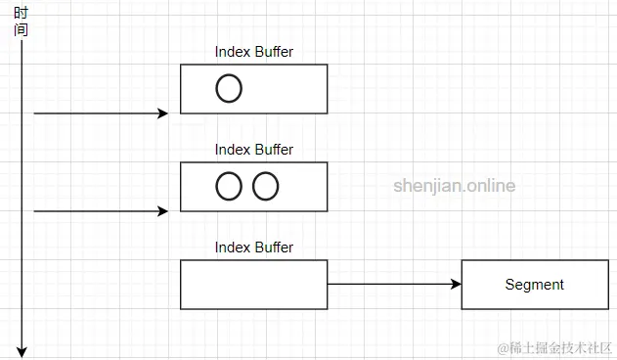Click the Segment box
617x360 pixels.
click(x=534, y=285)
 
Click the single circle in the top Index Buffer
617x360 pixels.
click(x=228, y=89)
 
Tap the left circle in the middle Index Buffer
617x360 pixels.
click(x=228, y=186)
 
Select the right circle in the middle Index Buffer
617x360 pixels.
click(x=265, y=186)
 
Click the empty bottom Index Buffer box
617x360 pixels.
click(x=253, y=285)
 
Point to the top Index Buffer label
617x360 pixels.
click(x=253, y=52)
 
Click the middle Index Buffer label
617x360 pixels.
click(x=253, y=150)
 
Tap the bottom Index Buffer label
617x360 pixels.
click(x=253, y=247)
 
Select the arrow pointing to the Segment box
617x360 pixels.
click(x=391, y=285)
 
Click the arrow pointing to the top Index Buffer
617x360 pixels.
click(x=98, y=113)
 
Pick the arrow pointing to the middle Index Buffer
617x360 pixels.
click(x=98, y=210)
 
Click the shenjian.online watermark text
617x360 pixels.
click(x=454, y=186)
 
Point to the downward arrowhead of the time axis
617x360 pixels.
click(x=21, y=350)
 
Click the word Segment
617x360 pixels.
click(x=534, y=285)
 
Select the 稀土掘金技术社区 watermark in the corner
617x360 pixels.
click(x=553, y=347)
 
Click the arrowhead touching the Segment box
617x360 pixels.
click(x=456, y=285)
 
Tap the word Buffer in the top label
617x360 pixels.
click(x=274, y=52)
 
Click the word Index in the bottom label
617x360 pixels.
click(x=233, y=247)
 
